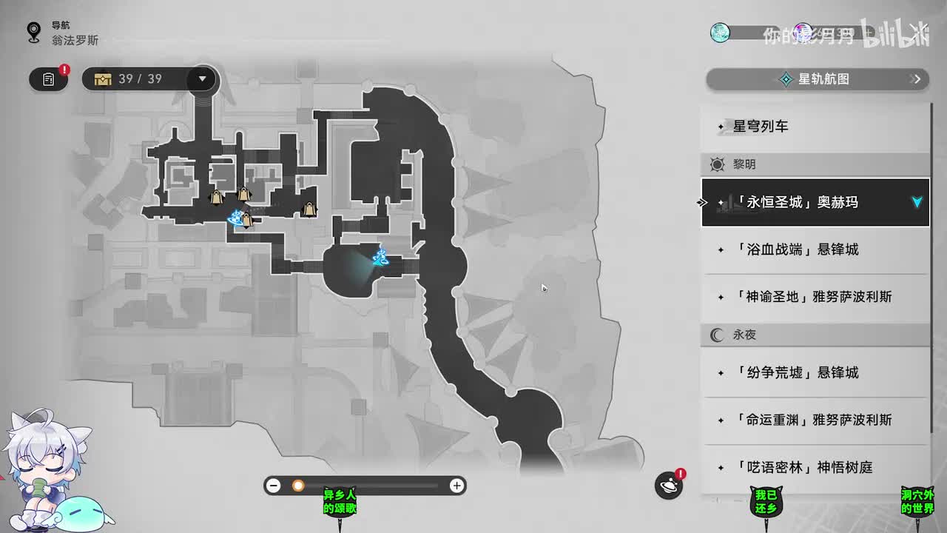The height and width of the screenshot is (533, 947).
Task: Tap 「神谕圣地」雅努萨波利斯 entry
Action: [x=814, y=297]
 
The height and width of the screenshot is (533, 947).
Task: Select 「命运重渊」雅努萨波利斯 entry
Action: [x=814, y=420]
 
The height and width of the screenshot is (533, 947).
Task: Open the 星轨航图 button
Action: [x=817, y=79]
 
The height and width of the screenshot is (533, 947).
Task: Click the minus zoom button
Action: [x=274, y=486]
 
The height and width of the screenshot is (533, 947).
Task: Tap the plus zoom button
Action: [x=457, y=486]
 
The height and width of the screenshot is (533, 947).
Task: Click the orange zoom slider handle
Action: [x=298, y=486]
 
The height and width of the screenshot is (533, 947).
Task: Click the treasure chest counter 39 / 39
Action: [x=133, y=78]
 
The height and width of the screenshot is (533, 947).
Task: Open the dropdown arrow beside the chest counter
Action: [x=202, y=78]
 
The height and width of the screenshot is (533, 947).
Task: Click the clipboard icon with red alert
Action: [x=49, y=79]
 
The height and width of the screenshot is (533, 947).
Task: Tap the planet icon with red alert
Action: [x=669, y=485]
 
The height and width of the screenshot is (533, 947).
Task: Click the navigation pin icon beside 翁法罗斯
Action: [x=33, y=33]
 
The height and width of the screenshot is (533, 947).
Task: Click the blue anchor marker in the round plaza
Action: [x=382, y=258]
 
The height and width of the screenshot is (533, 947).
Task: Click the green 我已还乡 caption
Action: [x=766, y=501]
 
